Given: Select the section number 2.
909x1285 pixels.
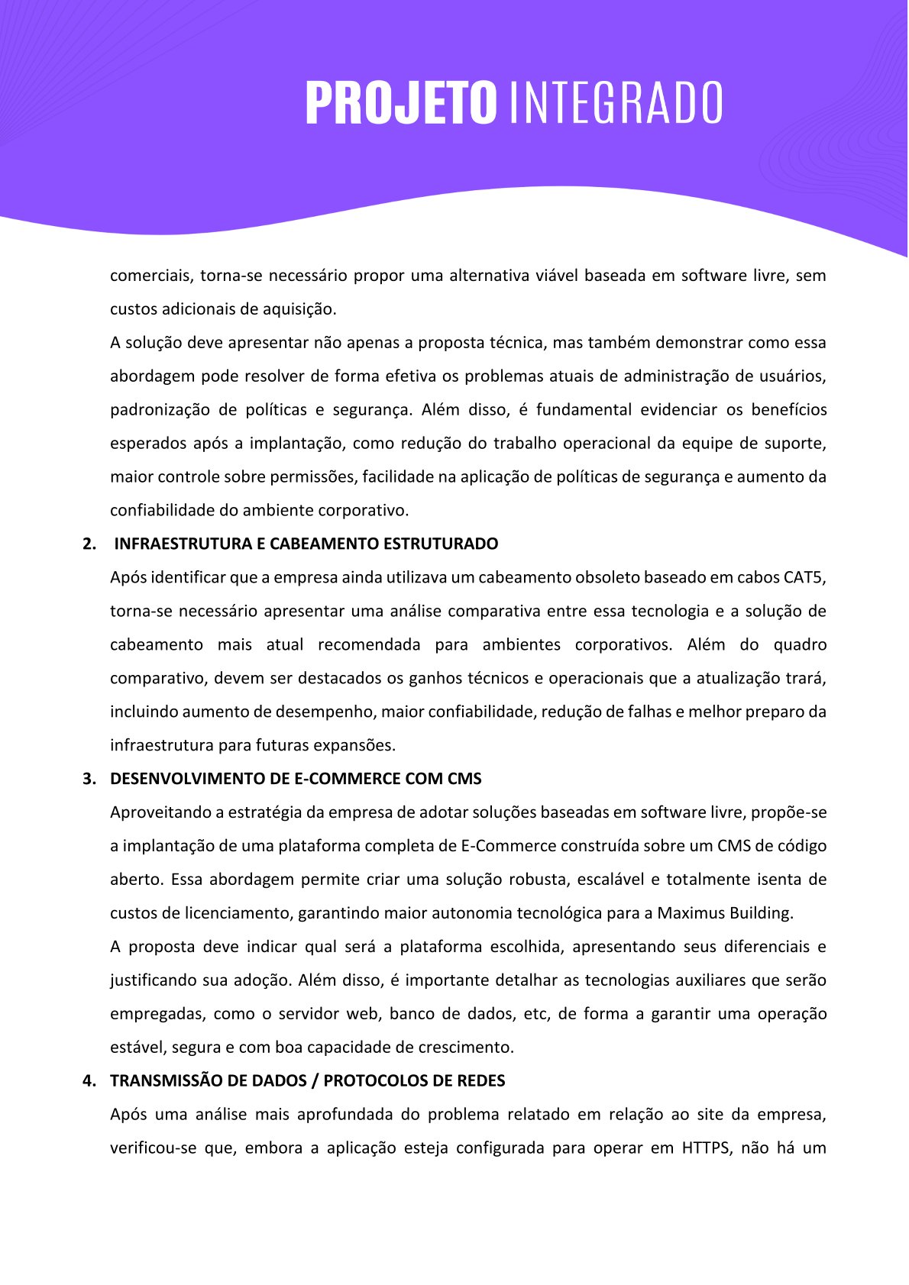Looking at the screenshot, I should tap(89, 544).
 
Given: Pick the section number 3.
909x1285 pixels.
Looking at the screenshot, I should tap(89, 780).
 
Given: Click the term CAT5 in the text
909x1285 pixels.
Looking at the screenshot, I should tap(804, 578).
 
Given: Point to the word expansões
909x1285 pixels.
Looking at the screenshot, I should tap(358, 746).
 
